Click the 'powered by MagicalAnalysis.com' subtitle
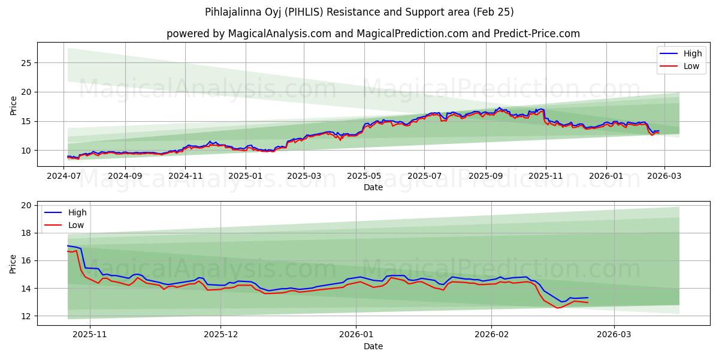373,34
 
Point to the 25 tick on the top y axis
26,63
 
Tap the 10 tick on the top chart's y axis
26,151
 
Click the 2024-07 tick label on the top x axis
64,176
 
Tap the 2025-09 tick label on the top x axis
485,176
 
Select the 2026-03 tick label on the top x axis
664,176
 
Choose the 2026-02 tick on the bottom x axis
491,335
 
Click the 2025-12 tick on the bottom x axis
220,335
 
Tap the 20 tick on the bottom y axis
26,205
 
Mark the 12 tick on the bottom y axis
26,316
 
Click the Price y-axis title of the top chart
13,104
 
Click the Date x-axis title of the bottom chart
373,346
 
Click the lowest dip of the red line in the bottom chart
557,308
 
